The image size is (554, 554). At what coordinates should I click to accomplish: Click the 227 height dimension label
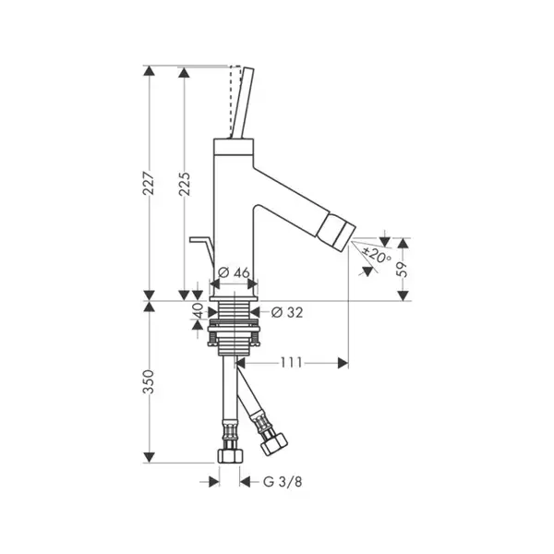pos(149,184)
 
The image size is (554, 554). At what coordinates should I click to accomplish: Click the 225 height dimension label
pos(185,184)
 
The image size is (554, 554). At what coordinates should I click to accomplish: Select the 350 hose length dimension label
pos(149,381)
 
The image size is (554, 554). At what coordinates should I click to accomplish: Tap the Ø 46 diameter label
pos(234,272)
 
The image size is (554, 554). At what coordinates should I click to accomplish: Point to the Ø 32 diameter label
pos(287,312)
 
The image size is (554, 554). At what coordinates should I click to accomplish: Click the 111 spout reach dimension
pos(292,363)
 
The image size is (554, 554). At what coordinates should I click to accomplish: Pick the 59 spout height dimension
pos(403,270)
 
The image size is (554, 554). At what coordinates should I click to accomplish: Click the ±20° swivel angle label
pos(378,255)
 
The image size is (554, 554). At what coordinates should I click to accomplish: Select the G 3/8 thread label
pos(283,482)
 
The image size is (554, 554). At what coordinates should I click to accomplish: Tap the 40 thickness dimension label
pos(199,310)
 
